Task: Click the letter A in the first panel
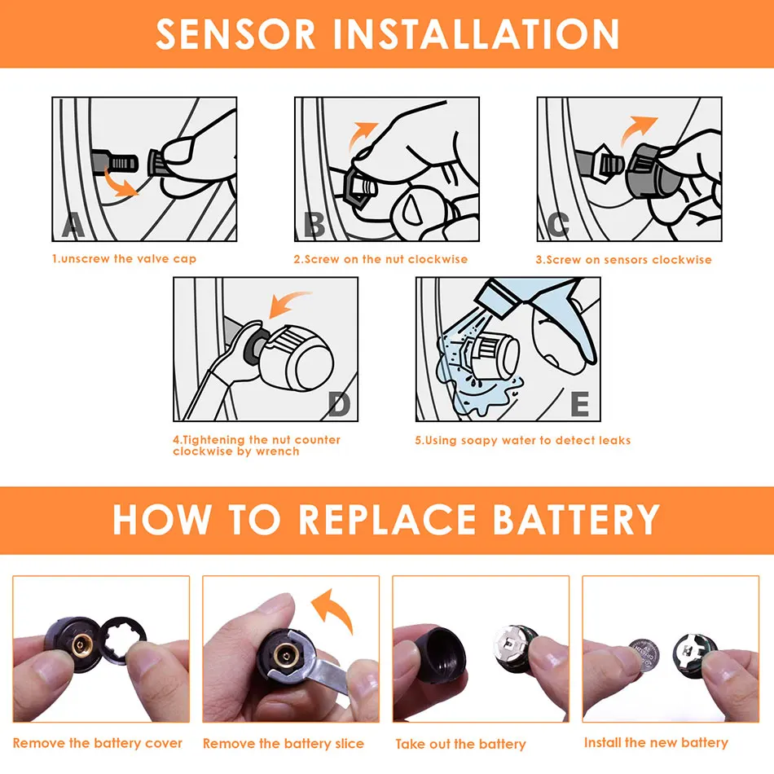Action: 73,226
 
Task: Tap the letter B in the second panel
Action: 314,225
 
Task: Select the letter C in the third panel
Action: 558,225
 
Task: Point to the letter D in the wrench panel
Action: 339,405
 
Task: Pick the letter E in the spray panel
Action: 579,404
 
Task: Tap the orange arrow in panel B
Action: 362,134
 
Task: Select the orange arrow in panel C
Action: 637,130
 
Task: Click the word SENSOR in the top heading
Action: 235,34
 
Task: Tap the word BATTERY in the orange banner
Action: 577,520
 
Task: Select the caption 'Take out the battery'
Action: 460,744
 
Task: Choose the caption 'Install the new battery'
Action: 656,742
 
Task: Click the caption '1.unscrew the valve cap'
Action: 125,258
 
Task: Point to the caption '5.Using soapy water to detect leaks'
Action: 523,440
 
